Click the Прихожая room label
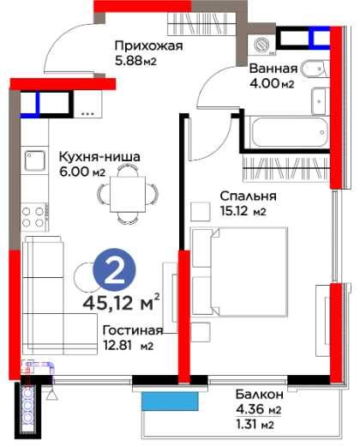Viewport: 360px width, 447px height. [148, 46]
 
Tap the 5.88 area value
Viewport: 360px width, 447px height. [136, 61]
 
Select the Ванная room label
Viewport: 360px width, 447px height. [273, 68]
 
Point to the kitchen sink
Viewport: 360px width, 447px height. [36, 160]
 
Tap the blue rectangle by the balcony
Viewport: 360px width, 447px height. [171, 400]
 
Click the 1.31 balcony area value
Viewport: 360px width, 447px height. [255, 423]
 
